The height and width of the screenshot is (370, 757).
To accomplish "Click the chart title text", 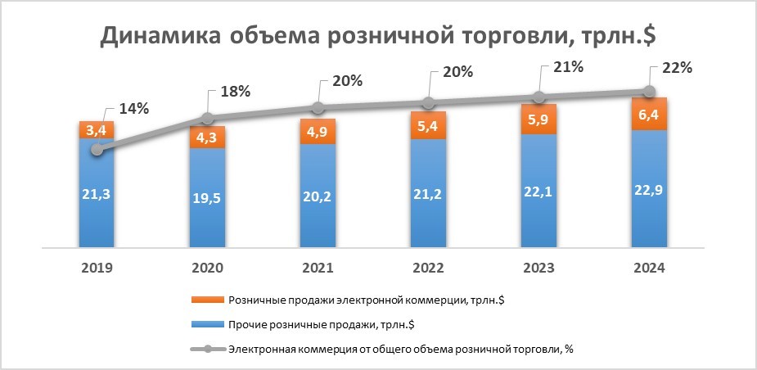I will pyautogui.click(x=379, y=37).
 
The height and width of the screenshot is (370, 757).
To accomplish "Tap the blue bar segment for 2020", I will pyautogui.click(x=207, y=196).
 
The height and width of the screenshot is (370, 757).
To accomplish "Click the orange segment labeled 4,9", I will pyautogui.click(x=318, y=132).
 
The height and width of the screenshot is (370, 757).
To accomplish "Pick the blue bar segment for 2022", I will pyautogui.click(x=428, y=192).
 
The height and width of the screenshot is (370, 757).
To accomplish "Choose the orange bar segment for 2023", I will pyautogui.click(x=538, y=120).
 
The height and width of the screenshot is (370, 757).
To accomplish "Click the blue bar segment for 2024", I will pyautogui.click(x=649, y=188).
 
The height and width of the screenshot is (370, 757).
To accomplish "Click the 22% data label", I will pyautogui.click(x=677, y=68).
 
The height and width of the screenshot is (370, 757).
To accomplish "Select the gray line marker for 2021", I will pyautogui.click(x=318, y=108).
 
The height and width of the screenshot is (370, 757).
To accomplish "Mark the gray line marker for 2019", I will pyautogui.click(x=97, y=149).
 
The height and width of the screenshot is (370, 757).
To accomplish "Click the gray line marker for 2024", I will pyautogui.click(x=649, y=91).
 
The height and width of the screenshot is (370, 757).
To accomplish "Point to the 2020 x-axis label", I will pyautogui.click(x=207, y=268).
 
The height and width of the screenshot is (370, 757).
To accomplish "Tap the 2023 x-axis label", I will pyautogui.click(x=538, y=268).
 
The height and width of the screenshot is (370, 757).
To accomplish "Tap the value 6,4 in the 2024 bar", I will pyautogui.click(x=649, y=114).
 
